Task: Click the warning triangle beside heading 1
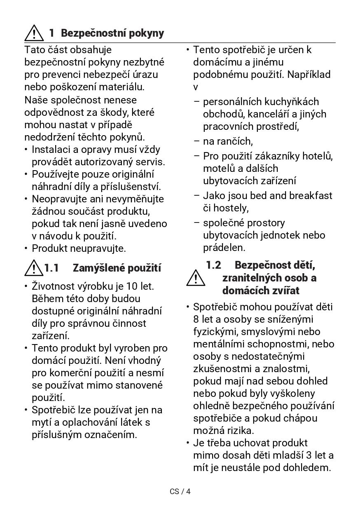pos(34,33)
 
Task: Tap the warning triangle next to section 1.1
pos(33,268)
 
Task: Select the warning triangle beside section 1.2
pos(196,278)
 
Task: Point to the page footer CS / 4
pos(180,491)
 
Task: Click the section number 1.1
pos(52,268)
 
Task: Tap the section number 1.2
pos(213,265)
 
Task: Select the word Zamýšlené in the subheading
pos(98,268)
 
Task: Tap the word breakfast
pos(311,195)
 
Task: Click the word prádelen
pos(224,247)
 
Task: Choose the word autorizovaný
pos(101,162)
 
